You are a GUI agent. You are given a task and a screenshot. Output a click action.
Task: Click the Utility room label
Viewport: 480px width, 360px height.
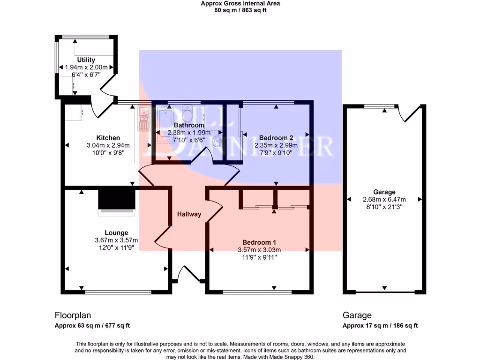pyautogui.click(x=86, y=60)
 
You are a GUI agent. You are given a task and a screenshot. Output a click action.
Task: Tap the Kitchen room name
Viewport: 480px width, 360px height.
pyautogui.click(x=108, y=138)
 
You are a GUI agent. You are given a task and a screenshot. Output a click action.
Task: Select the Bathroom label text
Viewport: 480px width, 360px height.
pyautogui.click(x=189, y=125)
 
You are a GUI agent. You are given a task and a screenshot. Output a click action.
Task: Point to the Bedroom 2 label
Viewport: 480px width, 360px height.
pyautogui.click(x=276, y=138)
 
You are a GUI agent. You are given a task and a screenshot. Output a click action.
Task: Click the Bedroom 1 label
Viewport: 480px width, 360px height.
pyautogui.click(x=259, y=242)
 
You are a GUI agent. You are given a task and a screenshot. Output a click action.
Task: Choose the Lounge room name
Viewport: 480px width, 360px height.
pyautogui.click(x=116, y=232)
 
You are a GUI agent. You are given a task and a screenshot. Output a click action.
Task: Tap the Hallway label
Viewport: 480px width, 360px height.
pyautogui.click(x=189, y=214)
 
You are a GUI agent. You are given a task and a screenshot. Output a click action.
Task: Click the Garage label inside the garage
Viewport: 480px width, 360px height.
pyautogui.click(x=384, y=192)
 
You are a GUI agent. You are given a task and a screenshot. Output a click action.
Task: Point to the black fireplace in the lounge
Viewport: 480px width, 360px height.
pyautogui.click(x=117, y=200)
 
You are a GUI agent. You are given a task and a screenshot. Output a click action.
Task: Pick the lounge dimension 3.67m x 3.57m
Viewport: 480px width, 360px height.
pyautogui.click(x=116, y=240)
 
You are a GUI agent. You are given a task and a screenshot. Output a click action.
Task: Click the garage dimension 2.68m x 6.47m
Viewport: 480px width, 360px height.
pyautogui.click(x=384, y=200)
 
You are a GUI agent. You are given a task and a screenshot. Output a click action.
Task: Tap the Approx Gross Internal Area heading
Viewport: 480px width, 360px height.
pyautogui.click(x=240, y=4)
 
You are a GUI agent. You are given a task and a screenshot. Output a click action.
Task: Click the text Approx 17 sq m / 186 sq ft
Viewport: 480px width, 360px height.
pyautogui.click(x=380, y=326)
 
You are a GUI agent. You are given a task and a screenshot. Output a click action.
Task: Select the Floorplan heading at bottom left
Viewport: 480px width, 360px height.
pyautogui.click(x=73, y=315)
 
